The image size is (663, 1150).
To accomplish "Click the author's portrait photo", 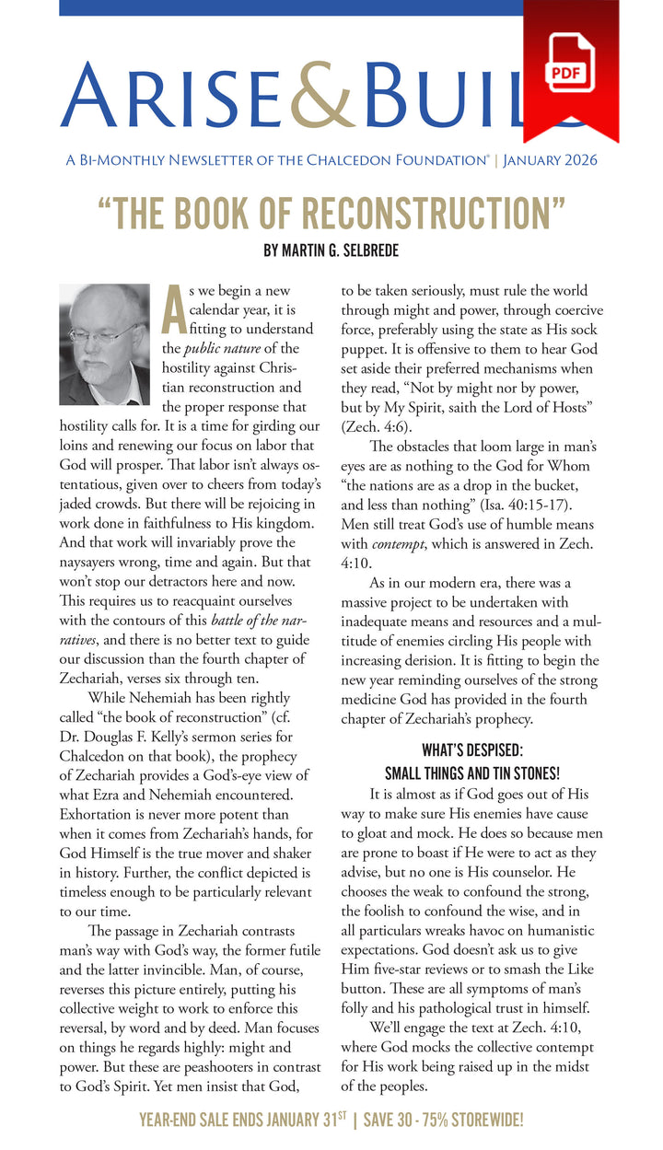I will tap(104, 344).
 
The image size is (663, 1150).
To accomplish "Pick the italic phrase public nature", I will tap(222, 348).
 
